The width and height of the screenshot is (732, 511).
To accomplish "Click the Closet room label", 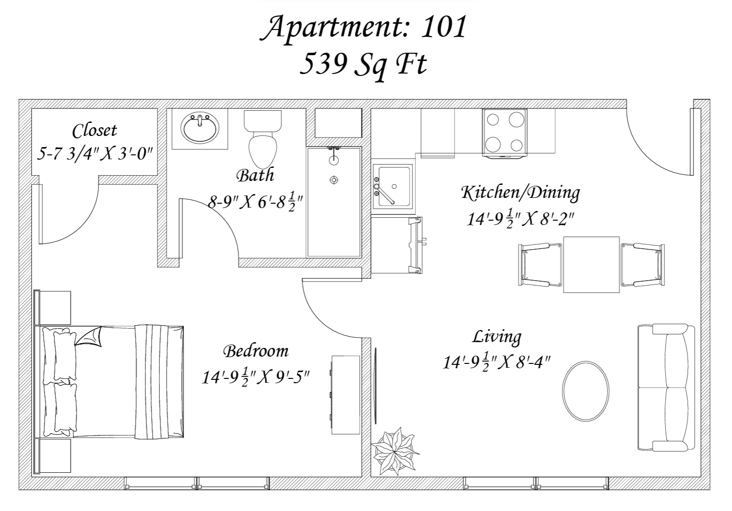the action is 94,131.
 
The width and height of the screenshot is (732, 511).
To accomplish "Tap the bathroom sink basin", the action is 199,128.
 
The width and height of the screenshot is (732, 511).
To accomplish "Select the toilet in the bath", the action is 263,139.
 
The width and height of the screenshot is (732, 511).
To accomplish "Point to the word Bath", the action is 255,176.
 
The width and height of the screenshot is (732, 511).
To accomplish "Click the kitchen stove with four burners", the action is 504,133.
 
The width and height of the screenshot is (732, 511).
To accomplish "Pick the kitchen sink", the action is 394,187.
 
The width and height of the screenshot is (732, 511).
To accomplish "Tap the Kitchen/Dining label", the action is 520,193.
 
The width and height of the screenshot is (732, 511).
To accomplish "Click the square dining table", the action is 591,265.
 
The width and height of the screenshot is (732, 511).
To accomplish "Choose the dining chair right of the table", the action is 642,265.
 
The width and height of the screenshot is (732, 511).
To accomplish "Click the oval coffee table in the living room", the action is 586,391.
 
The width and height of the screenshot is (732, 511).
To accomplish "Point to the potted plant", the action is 396,451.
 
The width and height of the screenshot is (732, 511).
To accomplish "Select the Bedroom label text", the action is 256,352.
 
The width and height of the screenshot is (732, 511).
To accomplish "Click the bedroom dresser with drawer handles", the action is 345,395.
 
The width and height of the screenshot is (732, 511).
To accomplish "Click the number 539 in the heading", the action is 323,64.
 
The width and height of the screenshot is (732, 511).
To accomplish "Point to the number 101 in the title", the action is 443,27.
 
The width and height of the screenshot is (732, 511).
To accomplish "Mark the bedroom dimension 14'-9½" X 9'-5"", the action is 256,377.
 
